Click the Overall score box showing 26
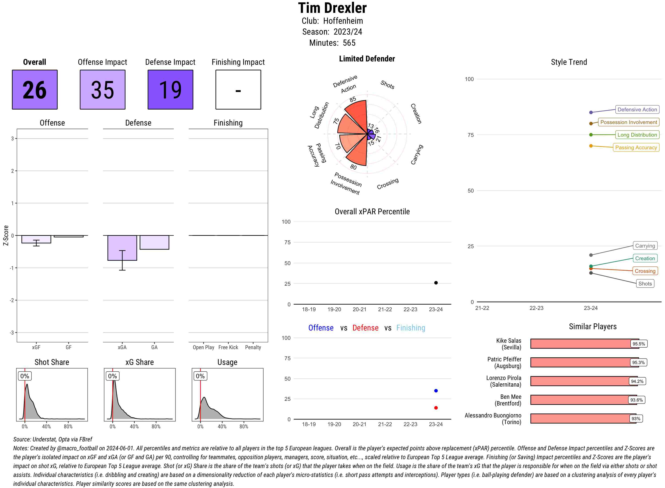coord(35,90)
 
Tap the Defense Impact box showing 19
coord(170,90)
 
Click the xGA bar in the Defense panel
coord(122,248)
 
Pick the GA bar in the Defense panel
coord(154,242)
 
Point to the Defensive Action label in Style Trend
coord(637,110)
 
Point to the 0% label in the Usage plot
coord(200,376)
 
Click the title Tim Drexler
coord(332,8)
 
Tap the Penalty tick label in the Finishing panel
coord(253,347)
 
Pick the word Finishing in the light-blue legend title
coord(411,328)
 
